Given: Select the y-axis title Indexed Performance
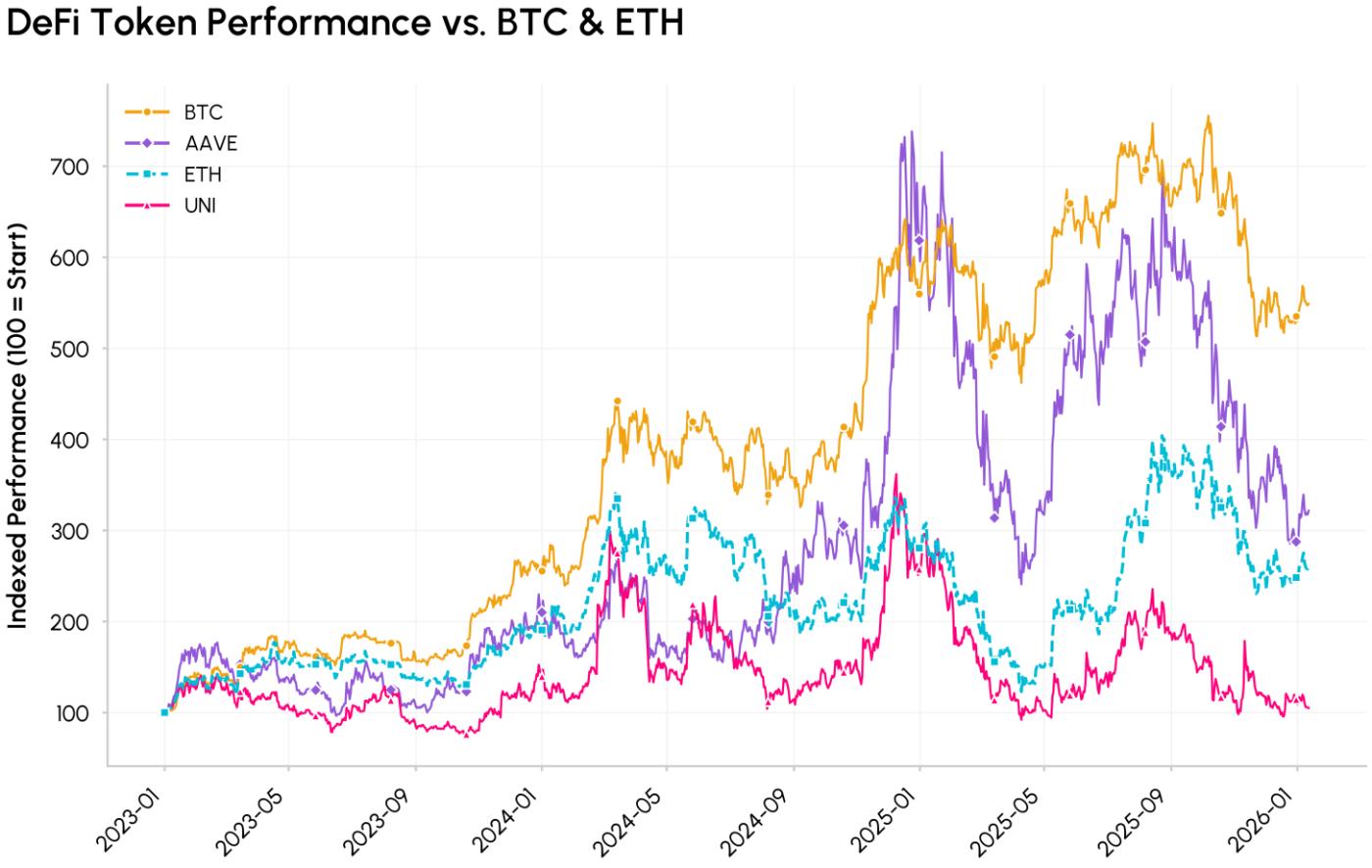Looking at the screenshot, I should tap(18, 426).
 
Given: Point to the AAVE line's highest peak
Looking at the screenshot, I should tap(912, 131).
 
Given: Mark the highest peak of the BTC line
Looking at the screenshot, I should tap(1207, 116).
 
